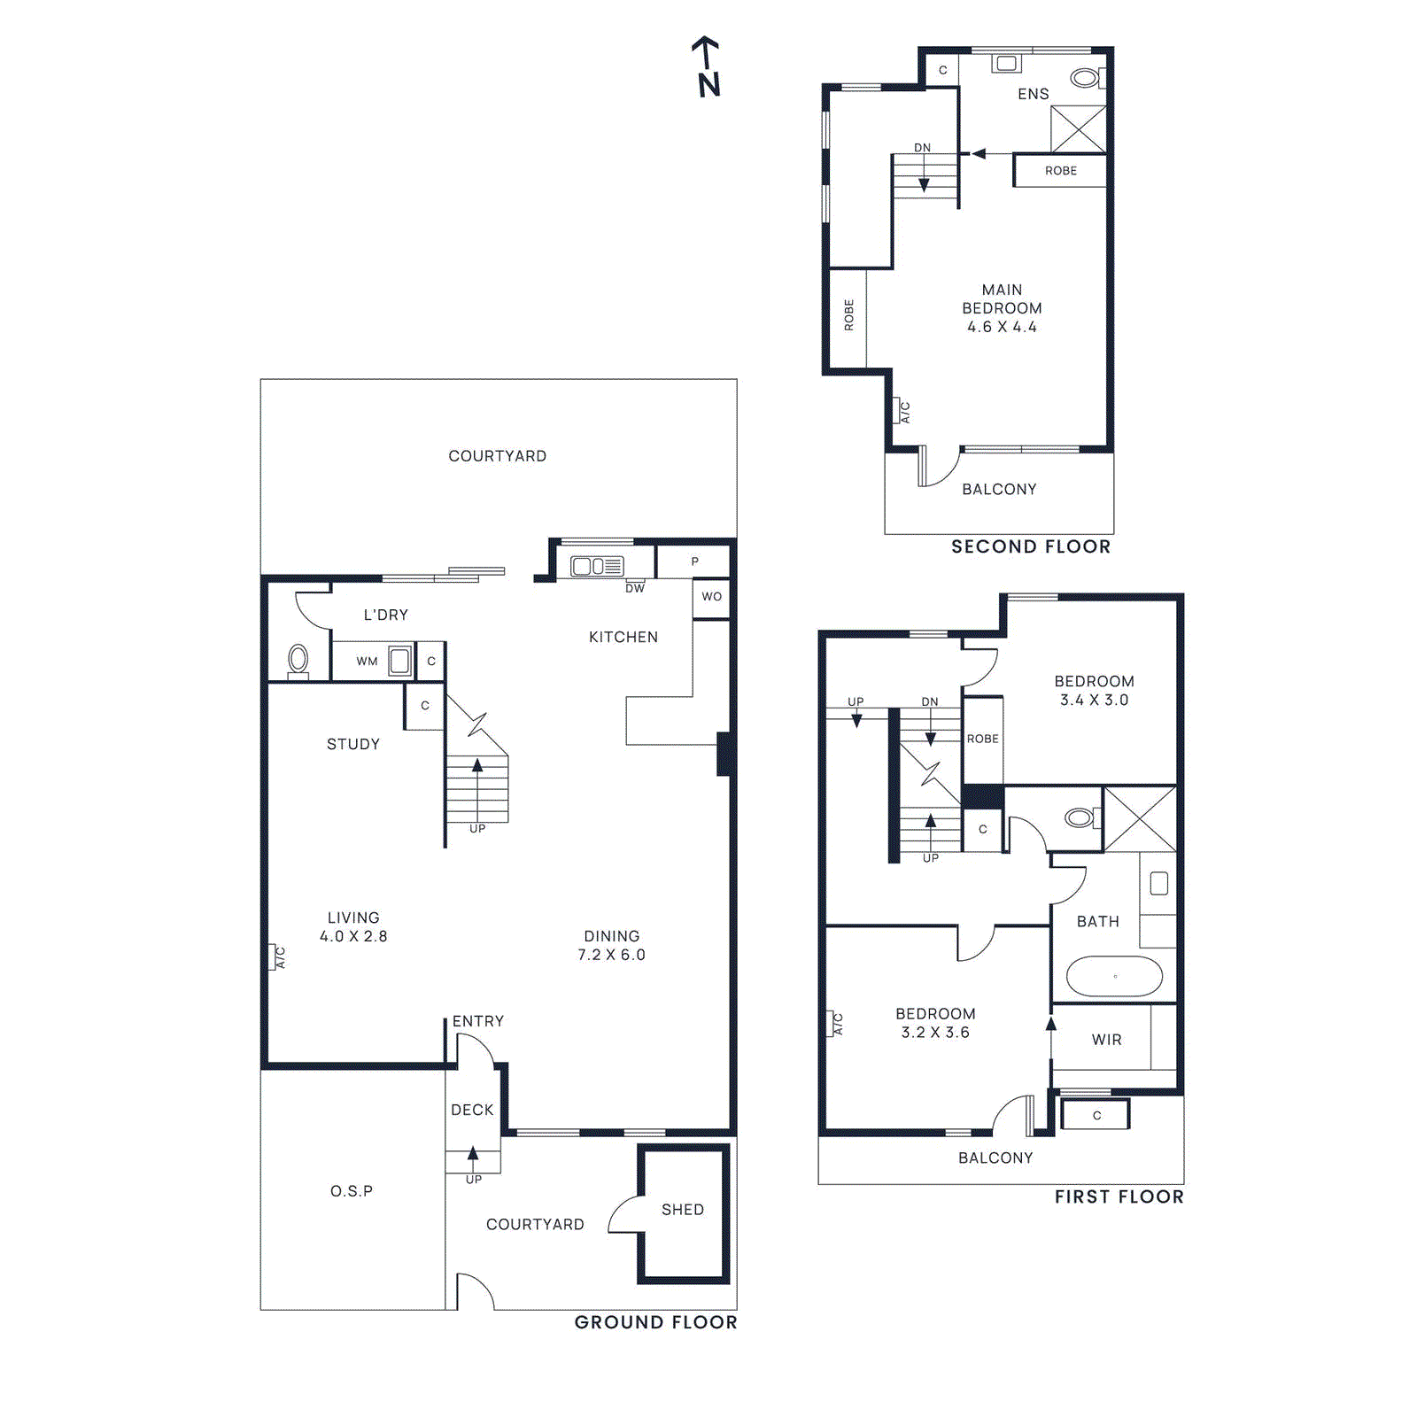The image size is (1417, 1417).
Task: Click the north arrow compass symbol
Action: click(x=707, y=67)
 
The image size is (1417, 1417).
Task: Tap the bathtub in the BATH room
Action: click(x=1114, y=977)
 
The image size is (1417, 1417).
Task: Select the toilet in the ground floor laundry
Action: click(x=298, y=660)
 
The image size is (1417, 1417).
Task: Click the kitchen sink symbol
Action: click(x=597, y=566)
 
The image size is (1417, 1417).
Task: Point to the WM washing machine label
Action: click(x=367, y=662)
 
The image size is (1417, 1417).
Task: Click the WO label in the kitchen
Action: click(x=711, y=597)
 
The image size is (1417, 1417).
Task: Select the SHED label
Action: click(x=683, y=1210)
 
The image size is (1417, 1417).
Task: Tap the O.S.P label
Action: click(x=352, y=1191)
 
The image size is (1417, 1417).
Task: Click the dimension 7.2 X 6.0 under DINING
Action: click(x=611, y=955)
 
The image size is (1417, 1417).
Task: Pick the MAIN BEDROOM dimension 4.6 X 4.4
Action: click(x=1002, y=327)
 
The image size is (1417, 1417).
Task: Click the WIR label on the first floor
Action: click(x=1106, y=1040)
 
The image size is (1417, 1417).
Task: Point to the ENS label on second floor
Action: click(x=1033, y=94)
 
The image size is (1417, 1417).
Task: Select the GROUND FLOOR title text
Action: click(x=655, y=1322)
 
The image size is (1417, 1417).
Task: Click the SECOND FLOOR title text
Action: click(x=1031, y=546)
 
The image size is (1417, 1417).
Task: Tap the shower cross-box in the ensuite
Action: click(x=1078, y=129)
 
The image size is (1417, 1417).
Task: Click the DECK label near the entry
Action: click(x=472, y=1110)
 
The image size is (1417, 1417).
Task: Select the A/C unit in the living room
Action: click(x=274, y=957)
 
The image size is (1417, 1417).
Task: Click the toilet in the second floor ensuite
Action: click(x=1086, y=78)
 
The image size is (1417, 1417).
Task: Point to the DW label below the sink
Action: click(x=635, y=588)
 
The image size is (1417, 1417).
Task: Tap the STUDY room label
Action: click(x=352, y=744)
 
